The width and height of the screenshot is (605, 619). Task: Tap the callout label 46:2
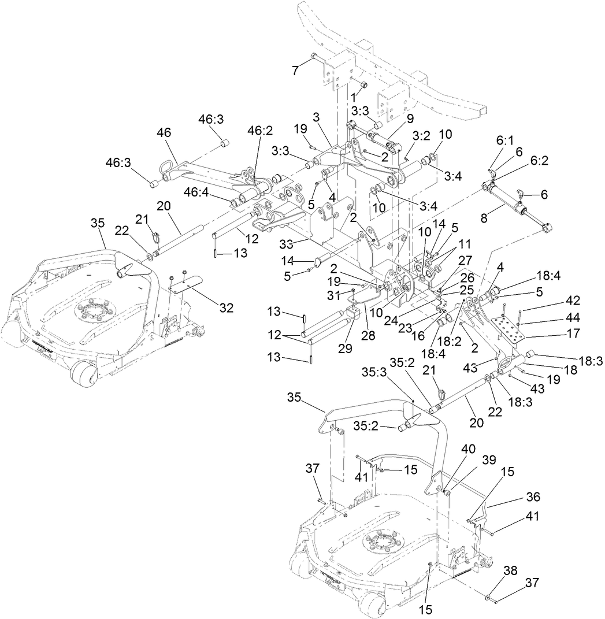pos(260,131)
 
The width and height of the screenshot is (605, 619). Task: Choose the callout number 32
pos(226,308)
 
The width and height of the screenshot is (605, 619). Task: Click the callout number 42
pos(540,301)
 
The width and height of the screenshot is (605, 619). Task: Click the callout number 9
pos(410,118)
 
